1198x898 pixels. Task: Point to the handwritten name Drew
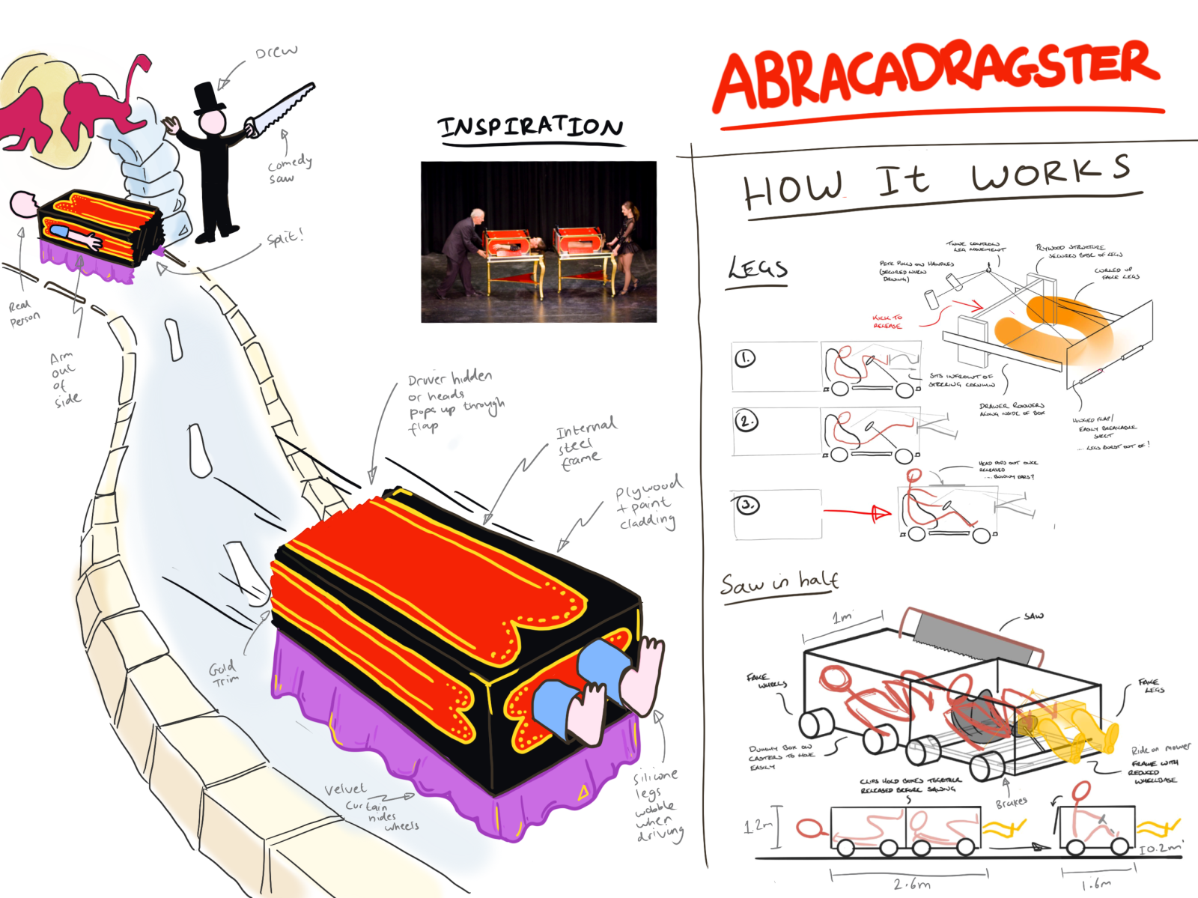tap(276, 52)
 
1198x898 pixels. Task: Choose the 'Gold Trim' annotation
tap(224, 673)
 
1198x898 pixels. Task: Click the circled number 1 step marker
tap(745, 358)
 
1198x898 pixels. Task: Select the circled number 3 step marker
tap(747, 505)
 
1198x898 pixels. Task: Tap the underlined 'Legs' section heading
tap(758, 269)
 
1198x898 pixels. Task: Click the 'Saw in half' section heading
tap(779, 583)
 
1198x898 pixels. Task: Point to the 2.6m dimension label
tap(911, 885)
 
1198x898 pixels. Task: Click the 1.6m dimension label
tap(1096, 884)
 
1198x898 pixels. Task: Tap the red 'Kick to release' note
tap(888, 321)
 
